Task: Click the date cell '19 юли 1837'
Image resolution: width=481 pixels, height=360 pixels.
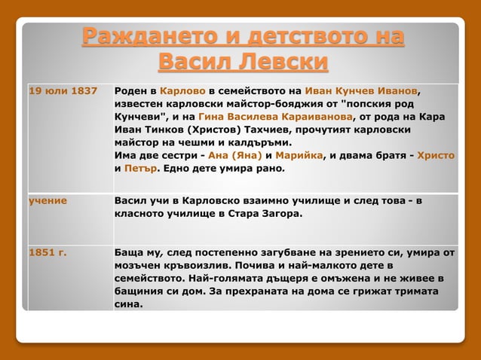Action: (x=63, y=91)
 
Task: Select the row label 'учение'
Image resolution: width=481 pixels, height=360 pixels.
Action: (x=48, y=200)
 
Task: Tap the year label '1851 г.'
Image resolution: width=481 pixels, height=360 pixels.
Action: (x=47, y=252)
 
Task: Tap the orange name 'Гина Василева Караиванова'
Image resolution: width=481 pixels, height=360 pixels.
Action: (x=275, y=117)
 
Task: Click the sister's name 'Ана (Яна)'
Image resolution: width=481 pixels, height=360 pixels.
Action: (x=234, y=155)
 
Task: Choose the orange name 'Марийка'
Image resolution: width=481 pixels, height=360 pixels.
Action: (x=297, y=155)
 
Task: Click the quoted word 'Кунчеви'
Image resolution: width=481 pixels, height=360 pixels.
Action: (x=144, y=117)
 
